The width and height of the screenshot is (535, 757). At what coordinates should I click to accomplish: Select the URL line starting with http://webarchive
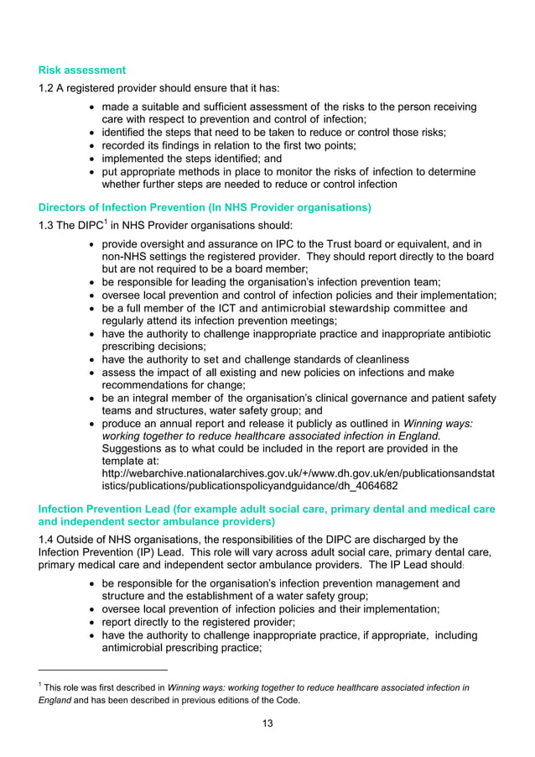[x=298, y=473]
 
